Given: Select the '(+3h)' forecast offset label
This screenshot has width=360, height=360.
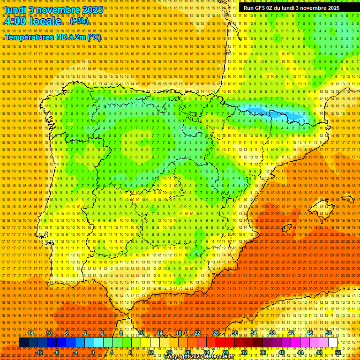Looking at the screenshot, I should [78, 21].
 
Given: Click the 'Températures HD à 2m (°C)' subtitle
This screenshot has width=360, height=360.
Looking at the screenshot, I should [53, 37].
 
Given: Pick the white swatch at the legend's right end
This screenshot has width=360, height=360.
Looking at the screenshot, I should [333, 343].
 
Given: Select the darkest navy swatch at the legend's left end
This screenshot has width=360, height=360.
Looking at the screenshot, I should [23, 343].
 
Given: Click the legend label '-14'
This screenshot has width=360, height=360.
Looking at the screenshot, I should [30, 333].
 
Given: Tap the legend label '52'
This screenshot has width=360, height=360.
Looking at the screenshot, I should [337, 352].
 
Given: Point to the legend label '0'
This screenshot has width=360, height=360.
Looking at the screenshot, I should [93, 352].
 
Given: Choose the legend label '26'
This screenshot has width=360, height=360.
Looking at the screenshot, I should [216, 333].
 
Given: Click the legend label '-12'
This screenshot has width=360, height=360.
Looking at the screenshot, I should [39, 352].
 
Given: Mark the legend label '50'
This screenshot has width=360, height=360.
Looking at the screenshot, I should [328, 333].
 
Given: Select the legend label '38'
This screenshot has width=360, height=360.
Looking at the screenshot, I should [272, 333].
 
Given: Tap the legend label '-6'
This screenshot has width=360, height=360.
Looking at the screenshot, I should [67, 333].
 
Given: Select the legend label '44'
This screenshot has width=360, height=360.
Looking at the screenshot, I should [300, 352].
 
